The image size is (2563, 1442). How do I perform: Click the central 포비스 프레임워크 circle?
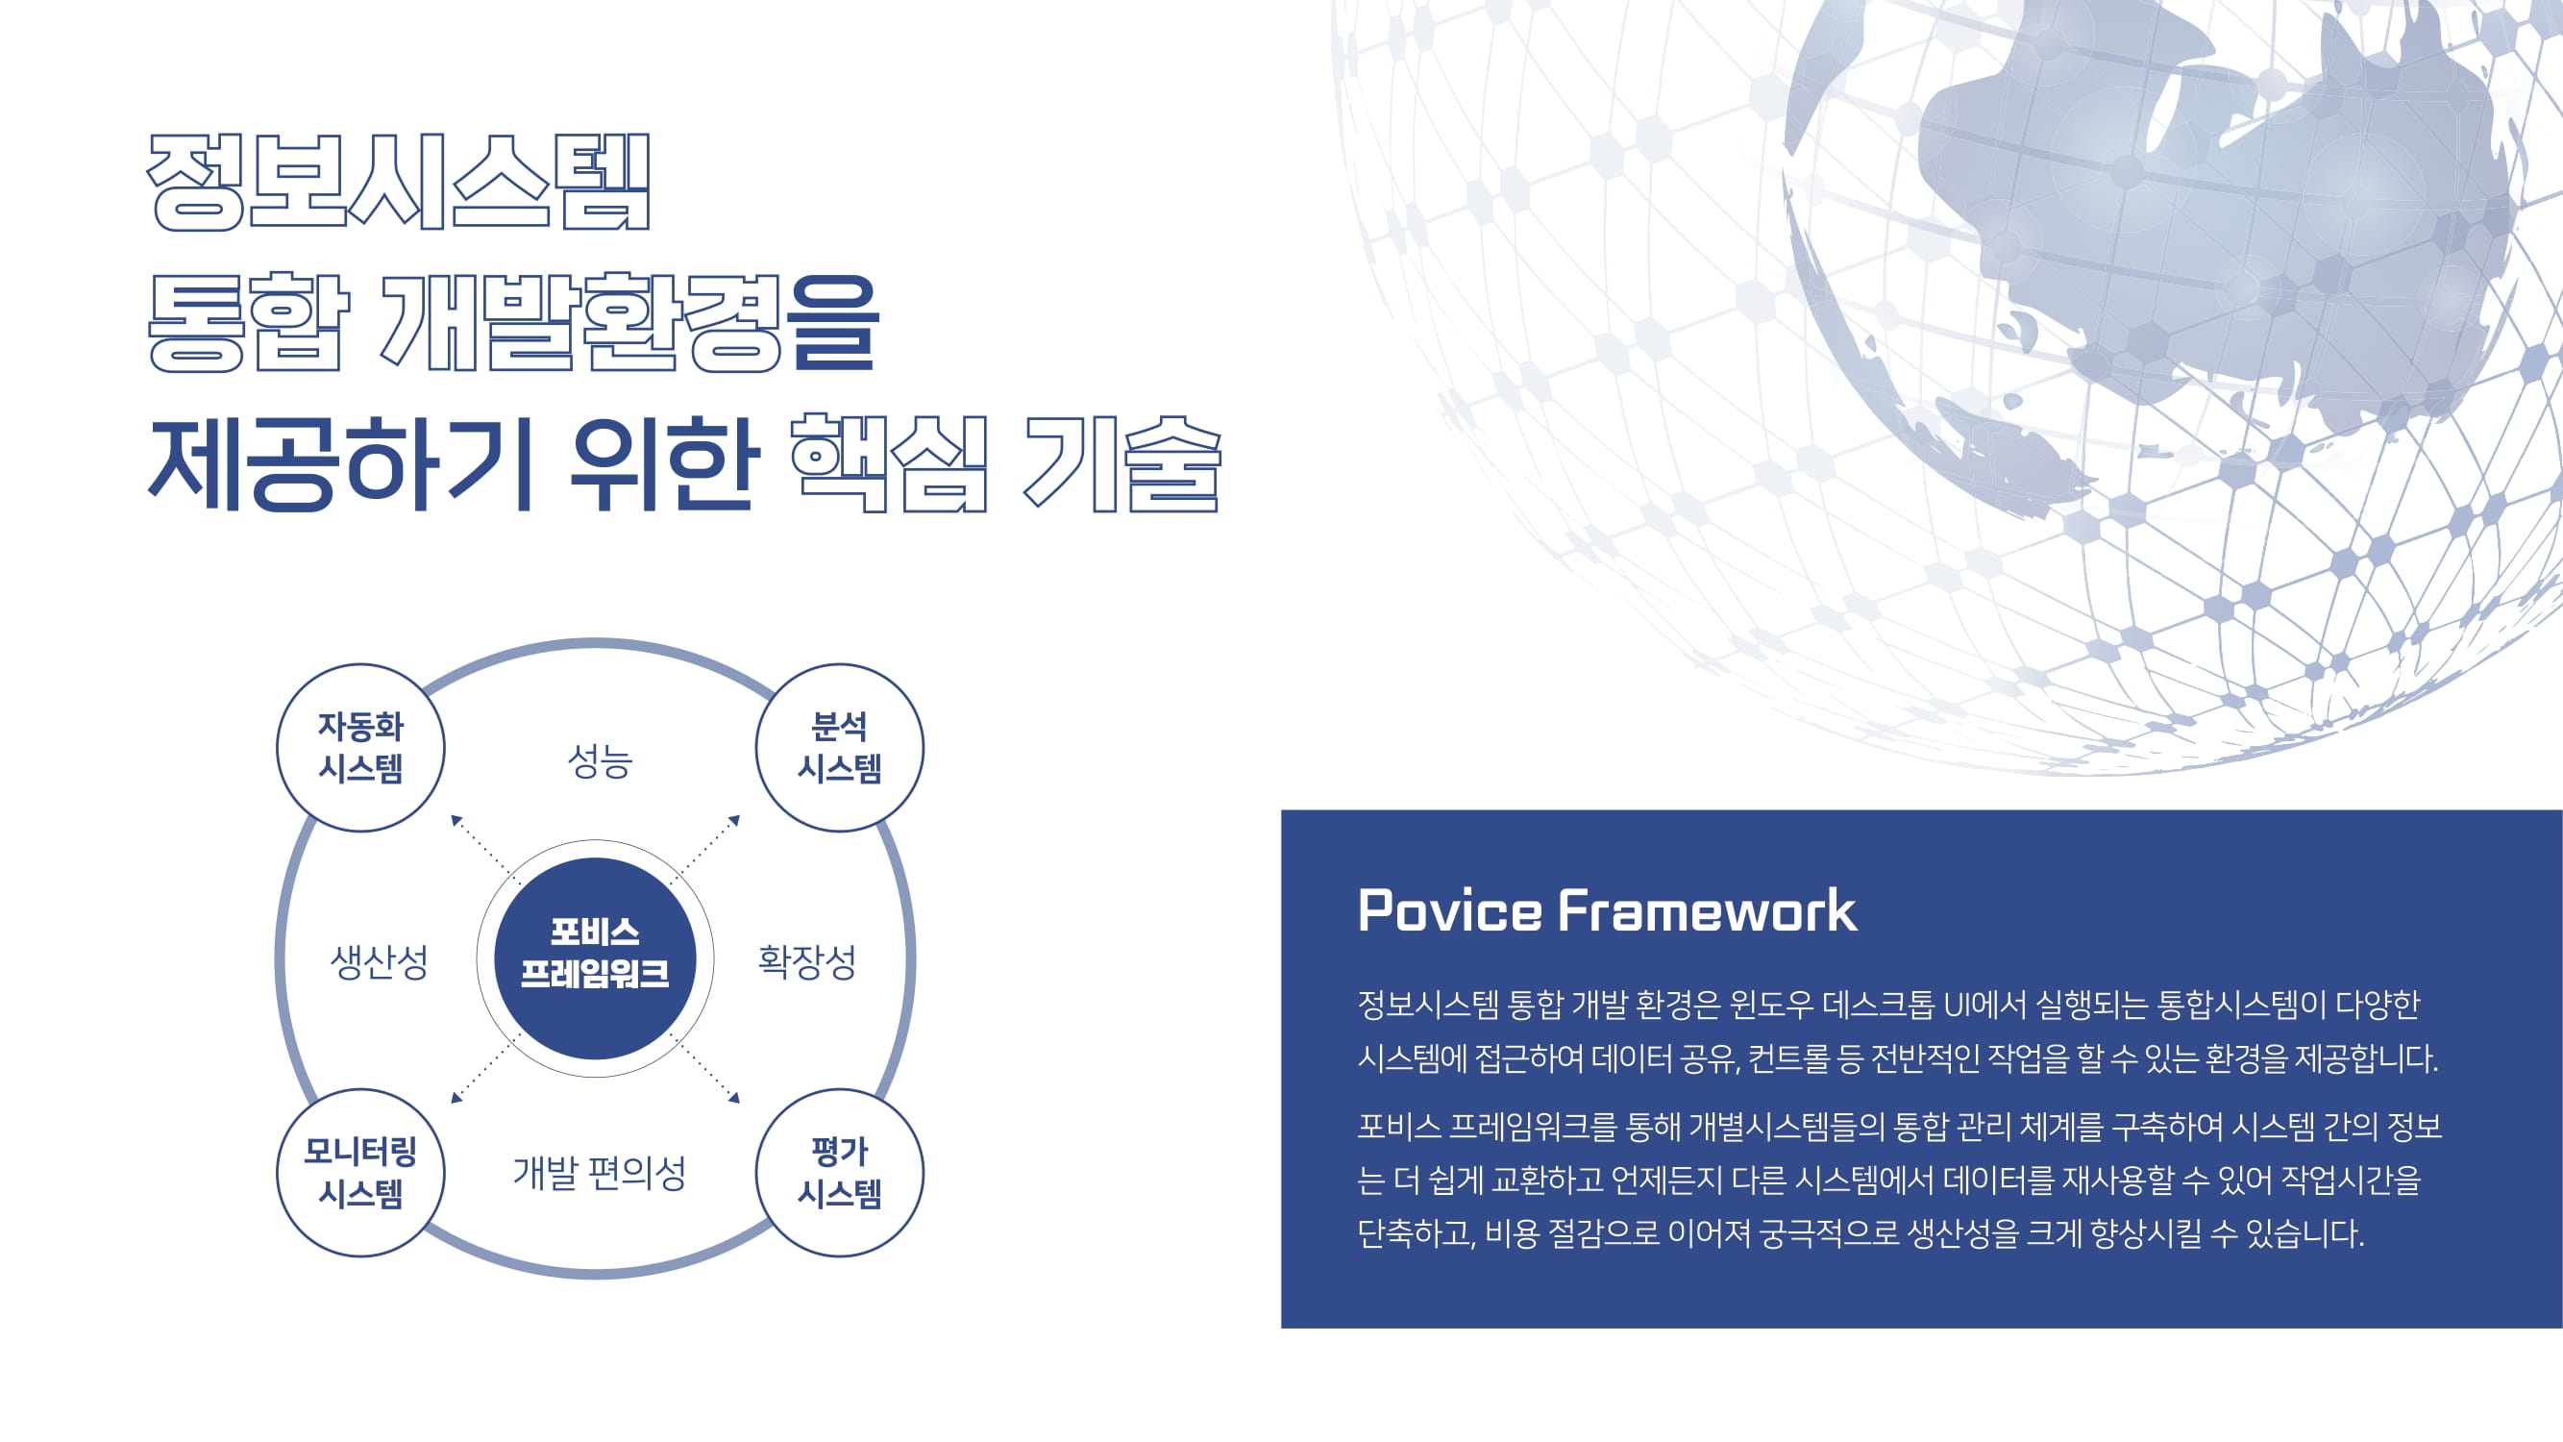point(595,958)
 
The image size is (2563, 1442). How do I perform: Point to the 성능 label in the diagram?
point(600,761)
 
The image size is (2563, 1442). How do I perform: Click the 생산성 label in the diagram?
point(379,961)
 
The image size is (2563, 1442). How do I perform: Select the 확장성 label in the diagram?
point(807,961)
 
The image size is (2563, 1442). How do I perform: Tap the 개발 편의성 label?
point(599,1172)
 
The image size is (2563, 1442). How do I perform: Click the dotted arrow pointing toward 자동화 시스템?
point(485,849)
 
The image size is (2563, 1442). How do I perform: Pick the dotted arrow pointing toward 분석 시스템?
point(705,849)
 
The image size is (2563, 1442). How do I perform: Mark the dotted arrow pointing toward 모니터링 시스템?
point(485,1069)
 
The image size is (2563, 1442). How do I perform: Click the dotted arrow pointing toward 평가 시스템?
point(705,1069)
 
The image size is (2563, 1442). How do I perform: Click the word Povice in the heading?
point(1449,909)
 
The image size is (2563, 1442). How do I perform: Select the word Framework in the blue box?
point(1708,909)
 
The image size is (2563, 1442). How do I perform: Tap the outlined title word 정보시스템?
point(399,182)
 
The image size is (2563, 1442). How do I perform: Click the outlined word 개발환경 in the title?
point(582,321)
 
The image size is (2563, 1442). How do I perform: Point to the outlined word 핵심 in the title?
point(889,462)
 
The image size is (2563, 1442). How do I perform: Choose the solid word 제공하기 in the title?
point(340,462)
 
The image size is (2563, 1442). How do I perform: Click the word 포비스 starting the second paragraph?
point(1399,1127)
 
